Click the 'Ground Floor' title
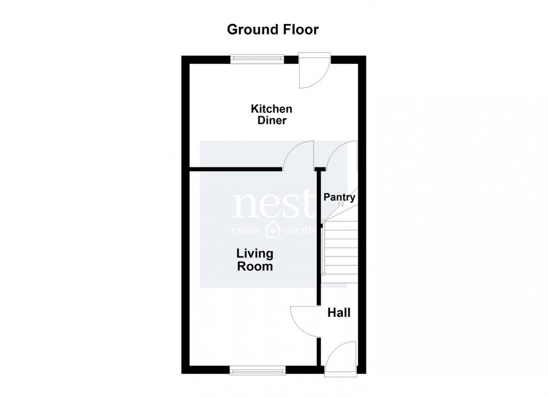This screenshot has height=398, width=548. [x=272, y=30]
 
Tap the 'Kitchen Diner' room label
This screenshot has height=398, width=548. [x=271, y=114]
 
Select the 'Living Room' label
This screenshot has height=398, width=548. [x=254, y=260]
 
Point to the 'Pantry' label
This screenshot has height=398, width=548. [x=339, y=197]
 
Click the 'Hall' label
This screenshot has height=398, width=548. [x=339, y=312]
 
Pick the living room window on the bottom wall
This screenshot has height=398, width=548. [x=258, y=369]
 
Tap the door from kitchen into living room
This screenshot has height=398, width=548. [x=297, y=155]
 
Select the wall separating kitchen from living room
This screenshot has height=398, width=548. [x=235, y=169]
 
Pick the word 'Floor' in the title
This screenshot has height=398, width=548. [x=301, y=30]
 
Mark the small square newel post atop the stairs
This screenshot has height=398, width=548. [x=323, y=222]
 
